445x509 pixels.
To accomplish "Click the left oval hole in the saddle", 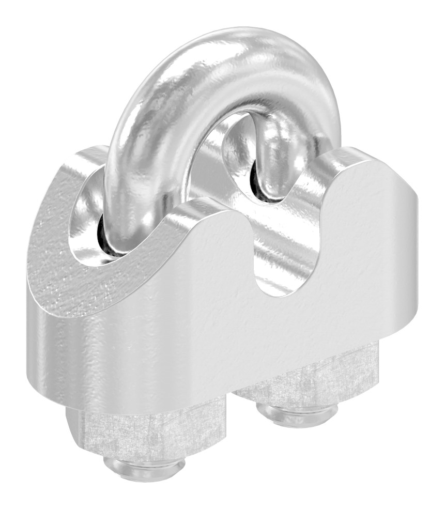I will point(101,217).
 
